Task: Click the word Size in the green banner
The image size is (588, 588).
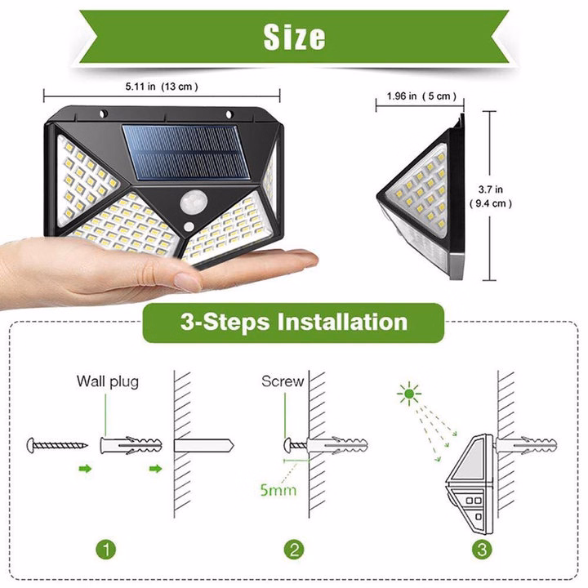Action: click(x=294, y=36)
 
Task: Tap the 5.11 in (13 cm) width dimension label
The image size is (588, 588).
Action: click(x=161, y=85)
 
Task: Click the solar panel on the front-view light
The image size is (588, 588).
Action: click(x=187, y=155)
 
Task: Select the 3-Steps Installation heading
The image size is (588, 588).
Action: click(x=293, y=320)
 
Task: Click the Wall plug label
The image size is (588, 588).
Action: click(x=108, y=381)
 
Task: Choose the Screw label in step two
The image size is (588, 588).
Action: click(x=283, y=381)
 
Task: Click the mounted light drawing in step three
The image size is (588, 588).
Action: click(x=467, y=479)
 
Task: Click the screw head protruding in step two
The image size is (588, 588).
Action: click(x=289, y=445)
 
